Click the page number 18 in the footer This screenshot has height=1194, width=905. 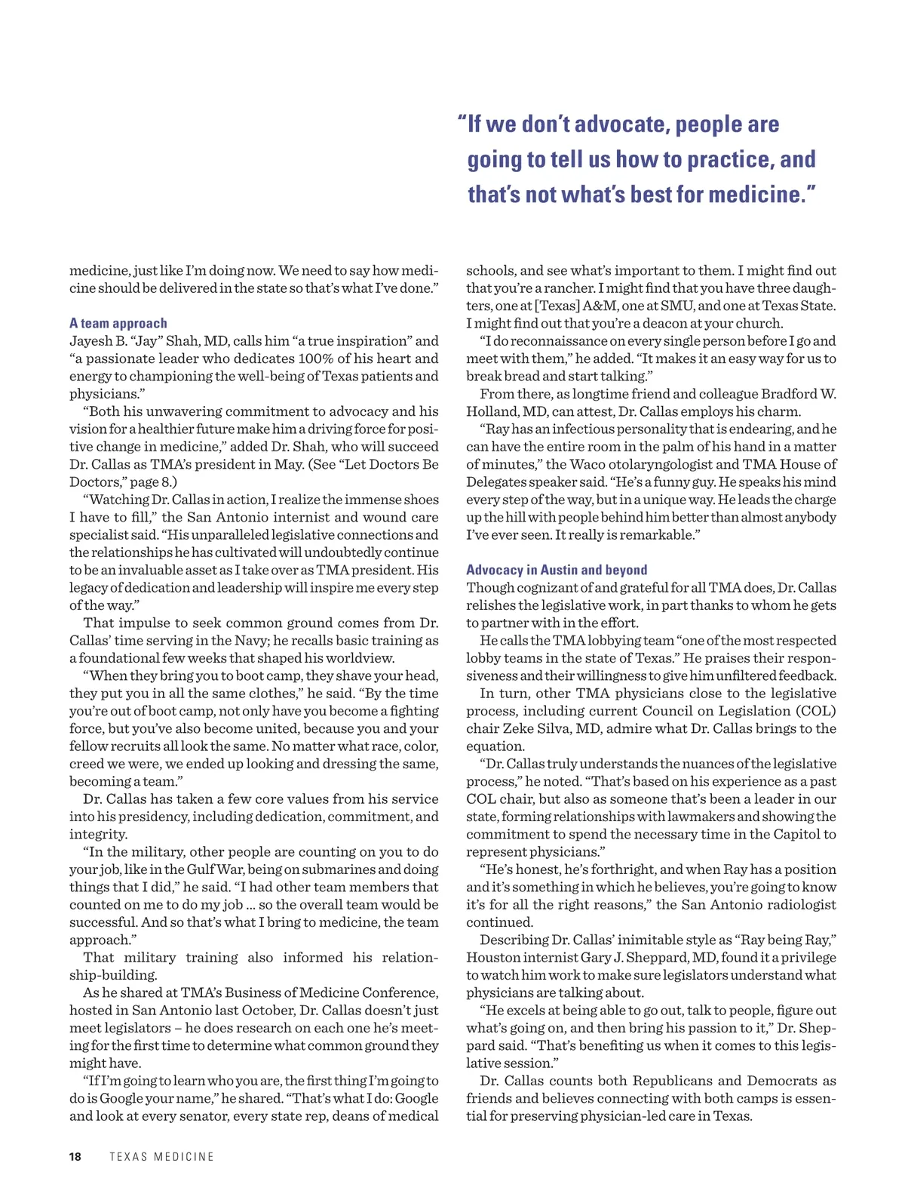tap(75, 1156)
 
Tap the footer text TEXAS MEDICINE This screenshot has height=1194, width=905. tap(161, 1156)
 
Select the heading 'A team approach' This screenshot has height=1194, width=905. tap(118, 323)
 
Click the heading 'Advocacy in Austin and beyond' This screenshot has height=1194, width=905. tap(557, 570)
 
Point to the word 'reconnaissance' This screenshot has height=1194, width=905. tap(559, 341)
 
